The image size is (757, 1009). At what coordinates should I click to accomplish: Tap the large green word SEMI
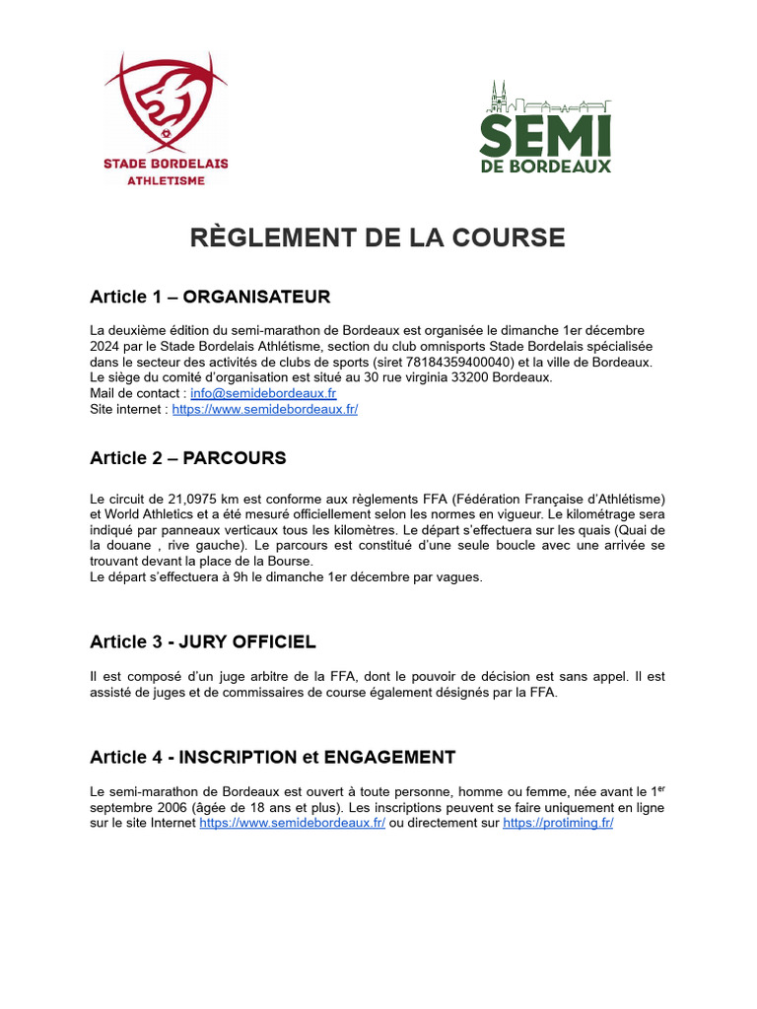point(545,134)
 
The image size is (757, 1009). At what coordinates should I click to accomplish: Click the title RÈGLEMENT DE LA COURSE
point(378,237)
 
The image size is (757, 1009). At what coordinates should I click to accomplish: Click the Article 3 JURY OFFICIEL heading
point(203,642)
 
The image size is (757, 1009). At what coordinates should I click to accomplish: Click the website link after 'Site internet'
point(264,409)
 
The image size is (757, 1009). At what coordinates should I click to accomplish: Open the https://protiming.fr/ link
point(558,823)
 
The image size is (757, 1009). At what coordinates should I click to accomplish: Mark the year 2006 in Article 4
point(171,807)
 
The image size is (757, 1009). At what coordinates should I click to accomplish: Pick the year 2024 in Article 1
point(106,346)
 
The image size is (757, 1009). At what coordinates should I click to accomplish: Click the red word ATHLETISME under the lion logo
point(166,181)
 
